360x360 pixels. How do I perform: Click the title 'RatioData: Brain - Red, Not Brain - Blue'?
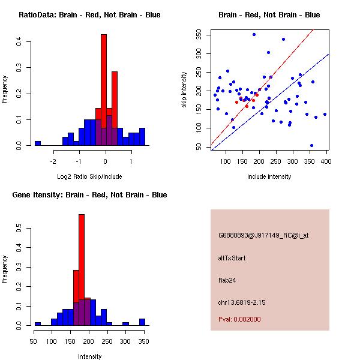pyautogui.click(x=89, y=15)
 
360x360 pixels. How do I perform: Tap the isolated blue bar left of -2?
pyautogui.click(x=38, y=143)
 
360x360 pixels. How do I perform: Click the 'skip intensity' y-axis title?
pyautogui.click(x=185, y=90)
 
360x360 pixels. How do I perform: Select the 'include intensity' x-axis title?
pyautogui.click(x=269, y=176)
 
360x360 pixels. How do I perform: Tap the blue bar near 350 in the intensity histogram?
pyautogui.click(x=142, y=322)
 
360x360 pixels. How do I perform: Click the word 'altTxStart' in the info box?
pyautogui.click(x=232, y=258)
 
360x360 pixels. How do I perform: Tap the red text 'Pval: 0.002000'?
pyautogui.click(x=239, y=319)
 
